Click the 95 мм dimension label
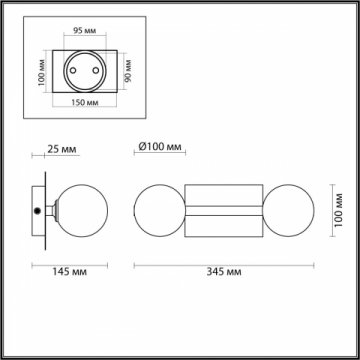coord(84,31)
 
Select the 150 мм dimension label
coord(85,102)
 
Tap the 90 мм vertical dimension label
coord(128,70)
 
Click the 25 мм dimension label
coord(62,149)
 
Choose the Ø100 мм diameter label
coord(160,147)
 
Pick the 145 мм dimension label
coord(69,272)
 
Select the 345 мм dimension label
coord(224,272)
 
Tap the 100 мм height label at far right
coord(339,210)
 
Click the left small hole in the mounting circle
coord(73,70)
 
